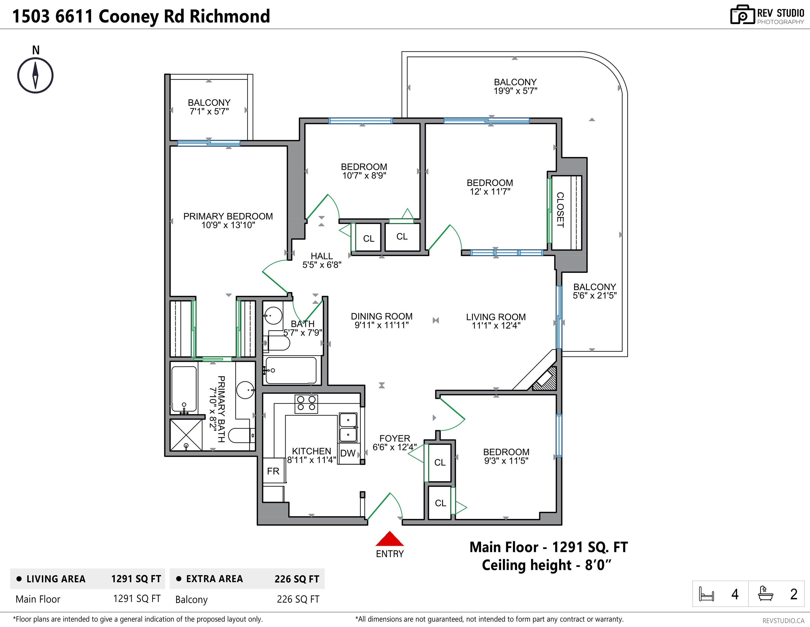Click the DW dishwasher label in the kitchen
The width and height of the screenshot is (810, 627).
coord(348,453)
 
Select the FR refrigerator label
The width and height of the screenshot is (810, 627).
coord(273,471)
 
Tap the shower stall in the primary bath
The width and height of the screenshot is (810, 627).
coord(186,435)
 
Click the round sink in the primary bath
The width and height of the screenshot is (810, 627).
coord(246,390)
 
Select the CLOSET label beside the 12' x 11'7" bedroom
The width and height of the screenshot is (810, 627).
coord(560,210)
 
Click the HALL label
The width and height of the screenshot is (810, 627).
coord(321,256)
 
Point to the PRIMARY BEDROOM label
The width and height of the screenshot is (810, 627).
coord(228,216)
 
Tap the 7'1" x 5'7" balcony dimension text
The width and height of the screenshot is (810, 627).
coord(209,111)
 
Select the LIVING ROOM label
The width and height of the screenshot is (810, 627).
coord(496,317)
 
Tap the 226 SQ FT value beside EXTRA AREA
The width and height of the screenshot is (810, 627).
coord(297,579)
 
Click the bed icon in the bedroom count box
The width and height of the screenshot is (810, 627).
coord(706,594)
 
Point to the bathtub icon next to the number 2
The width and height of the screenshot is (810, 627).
coord(765,593)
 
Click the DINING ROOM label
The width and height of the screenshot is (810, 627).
coord(382,316)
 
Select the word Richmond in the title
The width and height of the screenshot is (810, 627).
coord(230,16)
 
